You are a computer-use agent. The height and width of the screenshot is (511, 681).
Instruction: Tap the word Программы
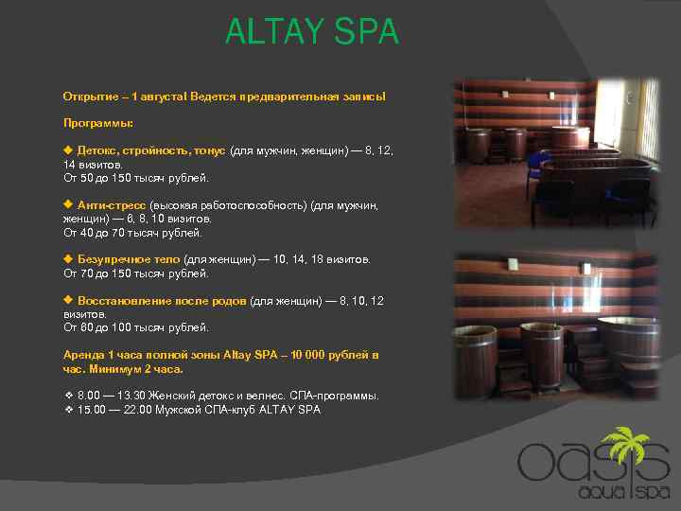click(97, 123)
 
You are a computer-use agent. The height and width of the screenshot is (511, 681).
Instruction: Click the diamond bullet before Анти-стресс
click(67, 204)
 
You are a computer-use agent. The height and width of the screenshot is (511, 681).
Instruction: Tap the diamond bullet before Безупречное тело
click(67, 258)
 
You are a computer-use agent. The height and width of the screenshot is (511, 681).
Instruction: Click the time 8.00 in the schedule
click(87, 396)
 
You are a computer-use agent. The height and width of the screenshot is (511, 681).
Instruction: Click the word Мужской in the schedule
click(179, 410)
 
